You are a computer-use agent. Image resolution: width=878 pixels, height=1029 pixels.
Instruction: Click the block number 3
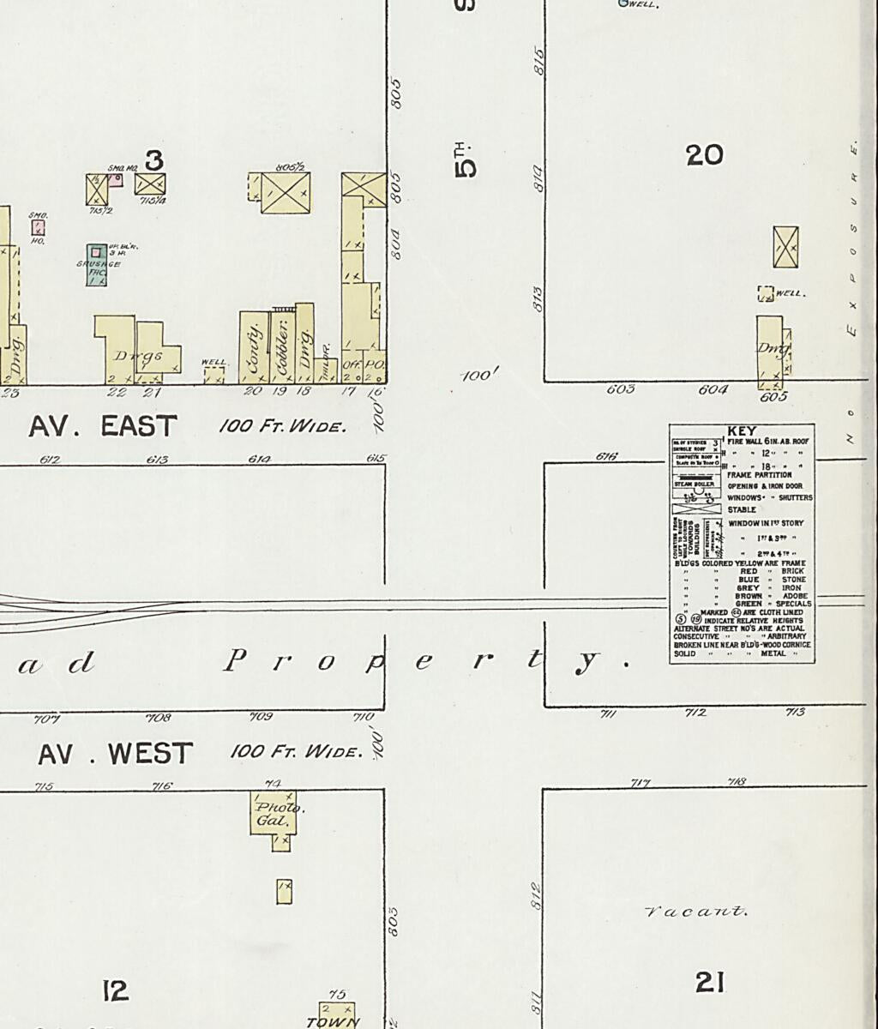(154, 159)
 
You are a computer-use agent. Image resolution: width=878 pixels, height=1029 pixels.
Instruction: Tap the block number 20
(705, 155)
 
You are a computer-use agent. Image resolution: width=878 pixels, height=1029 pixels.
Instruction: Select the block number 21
(710, 982)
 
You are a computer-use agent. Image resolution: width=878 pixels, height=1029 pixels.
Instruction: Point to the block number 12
(115, 990)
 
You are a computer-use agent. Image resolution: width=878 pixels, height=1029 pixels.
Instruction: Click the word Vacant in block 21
(695, 911)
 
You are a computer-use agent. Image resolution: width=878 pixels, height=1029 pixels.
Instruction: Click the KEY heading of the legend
(742, 430)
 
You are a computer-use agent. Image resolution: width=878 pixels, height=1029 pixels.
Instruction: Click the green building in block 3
(97, 264)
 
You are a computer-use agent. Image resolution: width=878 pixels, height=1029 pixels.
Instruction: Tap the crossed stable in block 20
(785, 247)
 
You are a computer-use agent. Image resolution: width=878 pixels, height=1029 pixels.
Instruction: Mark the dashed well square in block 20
(765, 293)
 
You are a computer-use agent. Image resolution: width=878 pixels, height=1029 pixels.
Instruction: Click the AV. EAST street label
(103, 425)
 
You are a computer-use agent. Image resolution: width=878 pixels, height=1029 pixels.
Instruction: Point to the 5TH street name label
(465, 159)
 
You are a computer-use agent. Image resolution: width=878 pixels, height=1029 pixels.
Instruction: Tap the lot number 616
(606, 456)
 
